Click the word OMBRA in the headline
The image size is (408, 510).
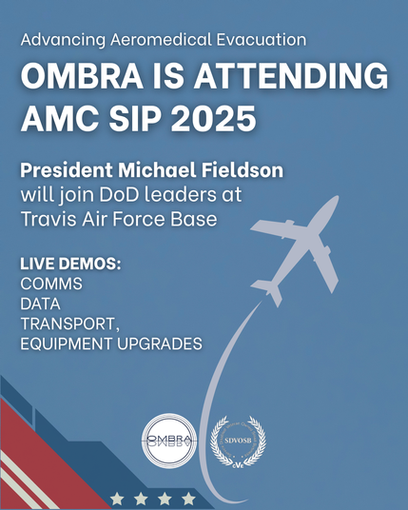[82, 77]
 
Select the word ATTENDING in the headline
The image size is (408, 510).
[291, 77]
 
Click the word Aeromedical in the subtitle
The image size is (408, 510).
[161, 40]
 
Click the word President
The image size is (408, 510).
[67, 170]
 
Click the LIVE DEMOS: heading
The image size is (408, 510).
[70, 264]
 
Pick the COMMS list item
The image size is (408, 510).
[51, 284]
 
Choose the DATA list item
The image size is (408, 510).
[40, 304]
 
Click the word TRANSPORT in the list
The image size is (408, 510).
[68, 324]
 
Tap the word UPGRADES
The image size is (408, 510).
[159, 343]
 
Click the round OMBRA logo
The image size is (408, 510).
[169, 441]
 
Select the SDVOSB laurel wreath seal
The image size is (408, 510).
[238, 441]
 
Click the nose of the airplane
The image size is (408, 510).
[336, 199]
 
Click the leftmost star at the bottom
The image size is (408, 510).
[117, 499]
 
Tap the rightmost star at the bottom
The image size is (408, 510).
[188, 499]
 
